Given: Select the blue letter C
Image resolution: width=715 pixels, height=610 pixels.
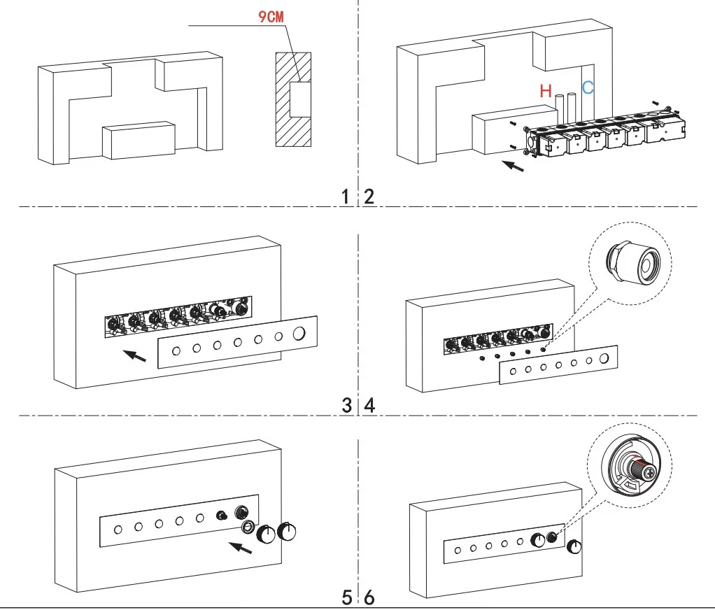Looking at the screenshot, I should tap(588, 88).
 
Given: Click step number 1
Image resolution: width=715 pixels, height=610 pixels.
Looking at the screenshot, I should tap(346, 197).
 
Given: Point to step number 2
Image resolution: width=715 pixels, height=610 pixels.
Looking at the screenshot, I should tap(369, 197).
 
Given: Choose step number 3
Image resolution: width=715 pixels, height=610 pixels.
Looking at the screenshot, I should tap(346, 404).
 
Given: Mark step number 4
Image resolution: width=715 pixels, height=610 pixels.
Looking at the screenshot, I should tap(369, 404).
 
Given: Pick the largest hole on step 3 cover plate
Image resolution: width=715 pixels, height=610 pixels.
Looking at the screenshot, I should tap(300, 335).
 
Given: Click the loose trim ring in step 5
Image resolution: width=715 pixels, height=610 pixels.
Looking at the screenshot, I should tap(248, 527).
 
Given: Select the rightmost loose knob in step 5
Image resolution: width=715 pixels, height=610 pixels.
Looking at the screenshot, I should tap(287, 532).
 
